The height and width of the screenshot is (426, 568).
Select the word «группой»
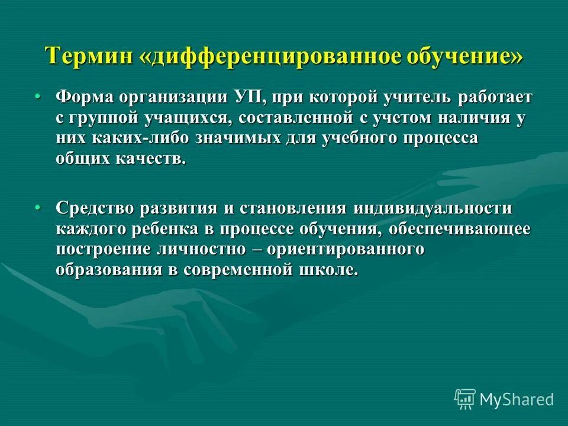(x=103, y=118)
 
